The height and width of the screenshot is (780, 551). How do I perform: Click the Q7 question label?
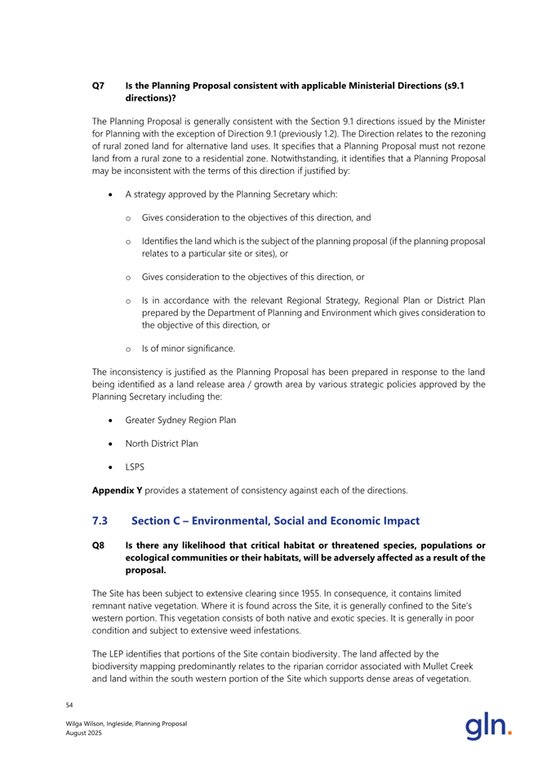[96, 84]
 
